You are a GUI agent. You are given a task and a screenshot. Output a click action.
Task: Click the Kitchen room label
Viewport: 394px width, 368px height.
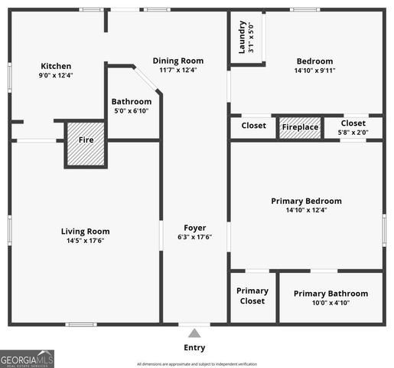56,66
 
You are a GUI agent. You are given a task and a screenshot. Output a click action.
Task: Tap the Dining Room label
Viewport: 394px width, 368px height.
177,61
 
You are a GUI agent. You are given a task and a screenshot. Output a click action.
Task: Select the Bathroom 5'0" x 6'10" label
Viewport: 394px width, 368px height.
132,101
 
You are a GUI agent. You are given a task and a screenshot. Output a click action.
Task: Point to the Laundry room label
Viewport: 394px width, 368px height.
242,37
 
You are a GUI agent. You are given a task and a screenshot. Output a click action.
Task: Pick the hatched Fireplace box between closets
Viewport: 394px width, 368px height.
300,127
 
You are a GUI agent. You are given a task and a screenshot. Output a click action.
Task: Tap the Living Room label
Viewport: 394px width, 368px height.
85,232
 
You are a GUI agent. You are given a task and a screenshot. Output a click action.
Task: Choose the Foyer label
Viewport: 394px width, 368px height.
194,228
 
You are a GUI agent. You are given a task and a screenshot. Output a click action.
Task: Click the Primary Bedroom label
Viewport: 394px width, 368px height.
306,202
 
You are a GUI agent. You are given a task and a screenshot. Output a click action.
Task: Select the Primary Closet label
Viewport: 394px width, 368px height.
252,296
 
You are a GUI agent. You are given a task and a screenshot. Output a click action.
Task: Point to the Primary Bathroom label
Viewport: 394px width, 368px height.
331,294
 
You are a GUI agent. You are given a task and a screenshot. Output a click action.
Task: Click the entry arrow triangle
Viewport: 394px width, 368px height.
194,333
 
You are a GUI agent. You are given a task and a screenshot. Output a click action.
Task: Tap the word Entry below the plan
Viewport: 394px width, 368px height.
194,347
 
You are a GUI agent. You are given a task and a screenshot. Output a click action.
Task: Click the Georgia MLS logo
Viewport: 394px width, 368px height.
27,359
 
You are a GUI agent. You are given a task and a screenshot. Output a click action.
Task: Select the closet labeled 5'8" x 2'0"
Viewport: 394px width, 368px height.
353,127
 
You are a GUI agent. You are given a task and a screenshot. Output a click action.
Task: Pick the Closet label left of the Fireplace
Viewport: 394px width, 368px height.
253,126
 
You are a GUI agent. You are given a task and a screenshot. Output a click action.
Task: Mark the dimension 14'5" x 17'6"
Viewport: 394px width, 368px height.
85,241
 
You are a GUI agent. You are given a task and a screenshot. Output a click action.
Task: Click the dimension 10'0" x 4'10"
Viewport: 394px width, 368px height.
331,304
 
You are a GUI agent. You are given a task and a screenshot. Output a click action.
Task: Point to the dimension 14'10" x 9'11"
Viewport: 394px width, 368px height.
314,71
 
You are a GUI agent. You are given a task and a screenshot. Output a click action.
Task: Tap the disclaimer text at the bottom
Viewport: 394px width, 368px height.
197,364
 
